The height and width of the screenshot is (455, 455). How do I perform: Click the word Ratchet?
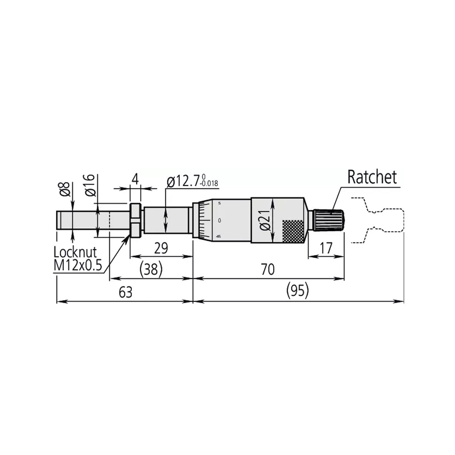click(x=371, y=177)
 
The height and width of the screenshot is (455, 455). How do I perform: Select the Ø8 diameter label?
click(x=66, y=189)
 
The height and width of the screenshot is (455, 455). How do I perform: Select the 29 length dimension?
click(x=161, y=248)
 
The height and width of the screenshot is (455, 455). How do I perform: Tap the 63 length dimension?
click(x=125, y=292)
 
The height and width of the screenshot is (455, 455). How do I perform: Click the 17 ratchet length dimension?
click(x=326, y=248)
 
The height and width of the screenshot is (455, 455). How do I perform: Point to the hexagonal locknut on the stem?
click(x=135, y=220)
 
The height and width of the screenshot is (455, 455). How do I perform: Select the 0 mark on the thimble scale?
click(x=219, y=220)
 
